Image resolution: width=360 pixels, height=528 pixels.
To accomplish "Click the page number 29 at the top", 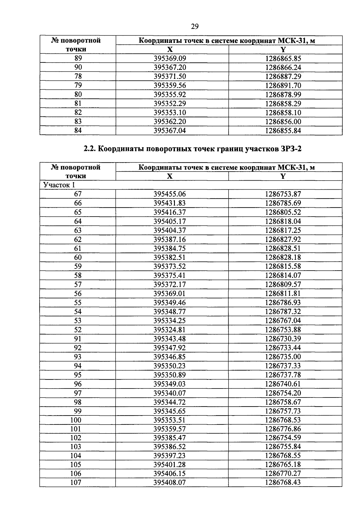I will click(195, 27).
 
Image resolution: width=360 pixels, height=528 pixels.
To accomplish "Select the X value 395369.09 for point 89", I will click(170, 58).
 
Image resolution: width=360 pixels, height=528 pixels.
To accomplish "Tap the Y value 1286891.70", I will click(283, 85).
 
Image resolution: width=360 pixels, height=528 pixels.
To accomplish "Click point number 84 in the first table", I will click(78, 130).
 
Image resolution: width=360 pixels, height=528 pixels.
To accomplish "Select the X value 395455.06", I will click(170, 194).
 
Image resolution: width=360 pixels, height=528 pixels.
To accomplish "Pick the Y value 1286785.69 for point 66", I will click(283, 203).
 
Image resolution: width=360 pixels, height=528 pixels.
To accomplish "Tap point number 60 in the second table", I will click(78, 257).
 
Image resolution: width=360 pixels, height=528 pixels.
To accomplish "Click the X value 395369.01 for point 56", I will click(170, 293).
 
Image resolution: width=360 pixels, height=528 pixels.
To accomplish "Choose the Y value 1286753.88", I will click(283, 329).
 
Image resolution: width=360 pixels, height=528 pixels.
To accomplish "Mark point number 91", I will click(78, 339).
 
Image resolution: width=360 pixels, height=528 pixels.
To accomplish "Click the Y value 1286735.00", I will click(283, 357).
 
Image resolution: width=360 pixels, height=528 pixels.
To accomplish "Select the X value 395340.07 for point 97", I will click(170, 393).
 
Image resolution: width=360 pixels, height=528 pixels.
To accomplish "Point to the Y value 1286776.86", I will click(283, 429).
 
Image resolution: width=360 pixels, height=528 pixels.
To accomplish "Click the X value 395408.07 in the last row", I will click(170, 482).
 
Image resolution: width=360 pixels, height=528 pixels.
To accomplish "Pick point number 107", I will click(76, 482).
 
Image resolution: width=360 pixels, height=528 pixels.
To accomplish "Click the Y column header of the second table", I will click(283, 176).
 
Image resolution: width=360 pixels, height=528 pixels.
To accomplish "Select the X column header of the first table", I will click(170, 49).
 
